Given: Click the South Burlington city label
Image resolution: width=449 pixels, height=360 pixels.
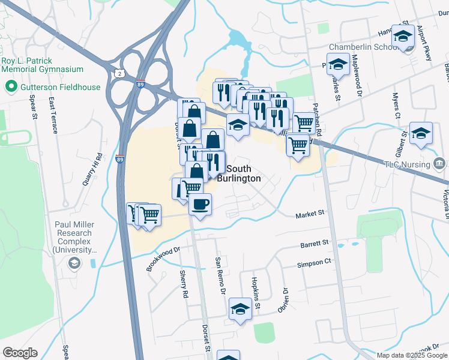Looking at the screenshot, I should pos(243,174).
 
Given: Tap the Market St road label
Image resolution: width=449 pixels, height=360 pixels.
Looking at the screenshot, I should pos(310,213).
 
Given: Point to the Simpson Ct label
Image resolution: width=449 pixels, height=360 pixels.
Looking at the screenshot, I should pos(314,262).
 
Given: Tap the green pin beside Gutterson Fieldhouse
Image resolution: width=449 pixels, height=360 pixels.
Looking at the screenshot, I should pos(11,87).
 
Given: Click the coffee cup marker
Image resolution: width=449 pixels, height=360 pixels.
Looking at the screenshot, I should pos(200,204).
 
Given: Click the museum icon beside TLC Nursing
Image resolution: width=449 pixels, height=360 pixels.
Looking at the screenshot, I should pos(439,163).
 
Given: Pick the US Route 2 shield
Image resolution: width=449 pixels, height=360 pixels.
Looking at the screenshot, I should pos(120,73).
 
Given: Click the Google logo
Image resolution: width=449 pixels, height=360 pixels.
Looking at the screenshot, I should pos(20,353).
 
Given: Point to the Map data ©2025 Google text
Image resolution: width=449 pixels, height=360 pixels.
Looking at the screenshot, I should pos(412,355).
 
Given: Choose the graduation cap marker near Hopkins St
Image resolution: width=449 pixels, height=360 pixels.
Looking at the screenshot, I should pos(240,310).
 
